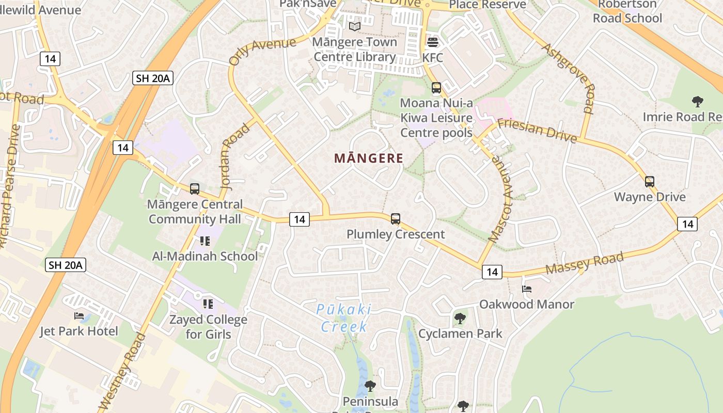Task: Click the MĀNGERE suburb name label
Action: [x=368, y=158]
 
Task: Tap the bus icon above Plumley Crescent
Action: [x=395, y=219]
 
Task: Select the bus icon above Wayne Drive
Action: [x=649, y=182]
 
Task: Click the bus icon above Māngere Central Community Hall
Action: [x=194, y=189]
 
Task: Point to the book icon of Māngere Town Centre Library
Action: [x=354, y=26]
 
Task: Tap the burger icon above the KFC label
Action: [x=432, y=42]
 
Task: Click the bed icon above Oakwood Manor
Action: [x=527, y=289]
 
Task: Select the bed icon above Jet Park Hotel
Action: [x=78, y=316]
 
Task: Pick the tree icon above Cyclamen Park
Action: [x=460, y=319]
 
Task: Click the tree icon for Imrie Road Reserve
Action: [x=697, y=102]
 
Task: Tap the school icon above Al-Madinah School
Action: [x=205, y=241]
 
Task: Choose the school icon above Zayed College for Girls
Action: [x=208, y=304]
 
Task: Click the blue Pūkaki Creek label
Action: [x=343, y=318]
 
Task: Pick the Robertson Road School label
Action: [x=627, y=11]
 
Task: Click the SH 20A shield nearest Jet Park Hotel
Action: [x=66, y=265]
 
